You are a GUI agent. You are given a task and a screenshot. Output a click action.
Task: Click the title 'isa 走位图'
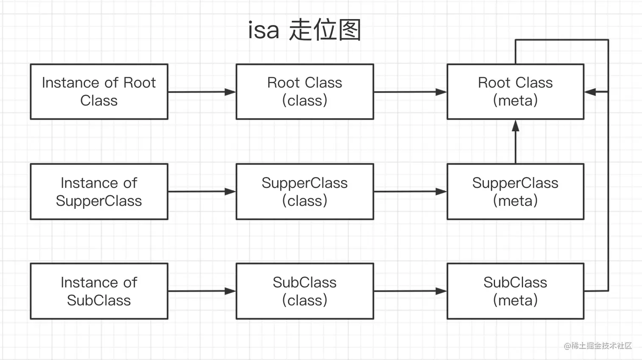coord(304,30)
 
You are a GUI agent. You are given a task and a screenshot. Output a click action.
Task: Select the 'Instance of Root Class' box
coord(99,92)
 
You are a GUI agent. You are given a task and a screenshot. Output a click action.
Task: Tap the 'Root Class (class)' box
coord(304,92)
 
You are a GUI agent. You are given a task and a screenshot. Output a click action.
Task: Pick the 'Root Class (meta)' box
coord(515,92)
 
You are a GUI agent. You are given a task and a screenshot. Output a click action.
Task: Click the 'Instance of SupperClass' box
coord(99,191)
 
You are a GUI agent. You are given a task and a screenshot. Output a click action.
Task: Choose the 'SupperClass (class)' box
coord(304,191)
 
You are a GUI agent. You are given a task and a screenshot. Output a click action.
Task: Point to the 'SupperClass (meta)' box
coord(515,191)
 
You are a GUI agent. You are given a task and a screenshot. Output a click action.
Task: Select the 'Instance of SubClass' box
coord(99,291)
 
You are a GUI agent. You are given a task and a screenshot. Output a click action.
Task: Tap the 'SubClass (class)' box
coord(304,291)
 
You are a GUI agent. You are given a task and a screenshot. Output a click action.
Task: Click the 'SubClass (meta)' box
coord(515,291)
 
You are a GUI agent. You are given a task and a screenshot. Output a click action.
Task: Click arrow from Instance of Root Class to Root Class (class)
coord(202,92)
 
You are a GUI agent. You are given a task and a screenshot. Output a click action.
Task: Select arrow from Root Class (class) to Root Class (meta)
coord(410,92)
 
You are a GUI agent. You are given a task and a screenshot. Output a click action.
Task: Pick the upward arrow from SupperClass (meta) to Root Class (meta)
coord(515,142)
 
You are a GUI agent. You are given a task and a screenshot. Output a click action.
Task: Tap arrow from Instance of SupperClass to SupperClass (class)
coord(202,191)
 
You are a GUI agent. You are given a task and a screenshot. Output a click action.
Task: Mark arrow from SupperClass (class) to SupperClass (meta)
coord(410,191)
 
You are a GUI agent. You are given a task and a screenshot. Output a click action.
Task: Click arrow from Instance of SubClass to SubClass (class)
coord(202,291)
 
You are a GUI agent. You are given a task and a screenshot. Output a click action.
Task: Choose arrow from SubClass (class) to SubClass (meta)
coord(410,291)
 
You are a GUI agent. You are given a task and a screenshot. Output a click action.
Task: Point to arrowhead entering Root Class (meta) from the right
coord(591,92)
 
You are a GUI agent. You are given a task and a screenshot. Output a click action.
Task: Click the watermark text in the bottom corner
coord(598,346)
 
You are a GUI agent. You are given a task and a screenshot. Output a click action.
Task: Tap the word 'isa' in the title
coord(264,31)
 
